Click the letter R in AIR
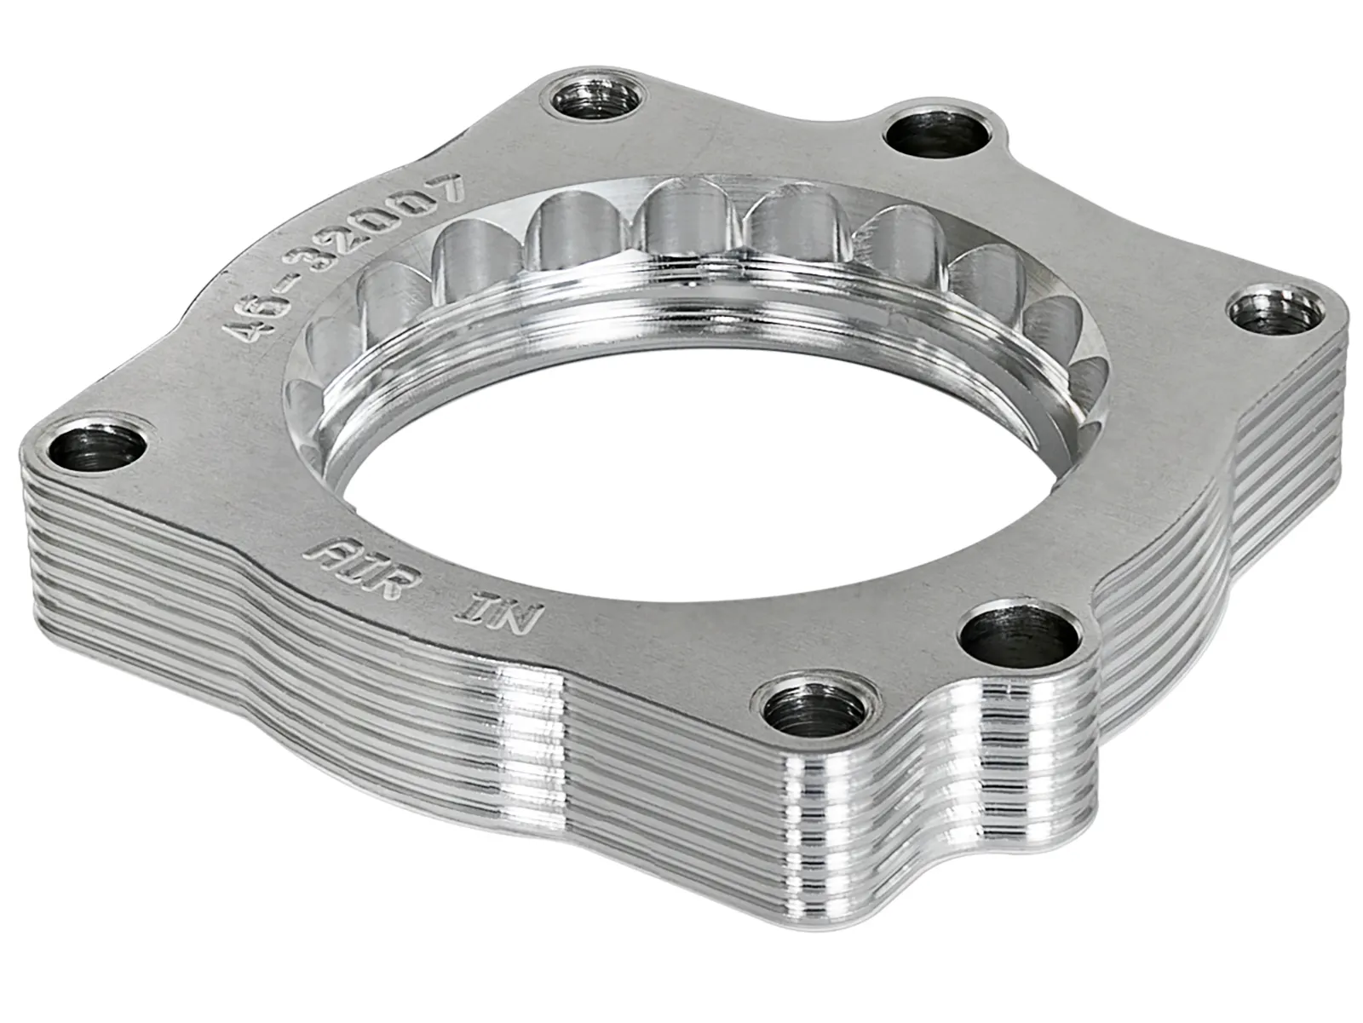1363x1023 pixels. (388, 584)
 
